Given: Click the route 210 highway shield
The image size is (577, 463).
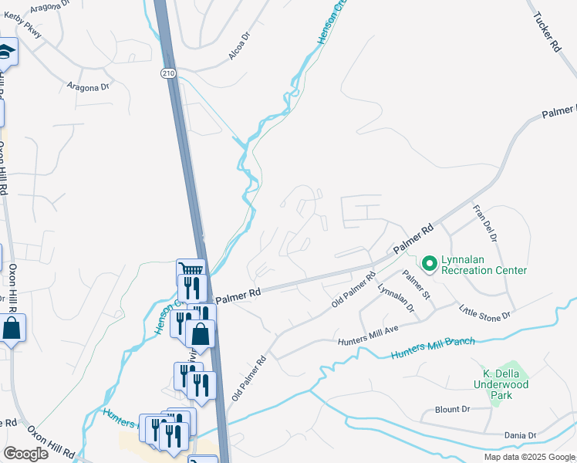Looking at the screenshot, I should pos(168,73).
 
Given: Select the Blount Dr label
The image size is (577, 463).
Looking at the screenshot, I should pos(452,410).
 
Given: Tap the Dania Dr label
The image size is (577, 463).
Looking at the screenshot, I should pos(520,436).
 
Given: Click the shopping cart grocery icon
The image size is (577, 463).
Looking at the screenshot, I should pos(190,270).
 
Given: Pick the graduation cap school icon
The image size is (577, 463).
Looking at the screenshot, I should pos(6,52).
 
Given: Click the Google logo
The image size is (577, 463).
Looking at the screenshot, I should pos(25,454).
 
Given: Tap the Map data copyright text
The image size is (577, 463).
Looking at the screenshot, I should pos(530,457).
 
